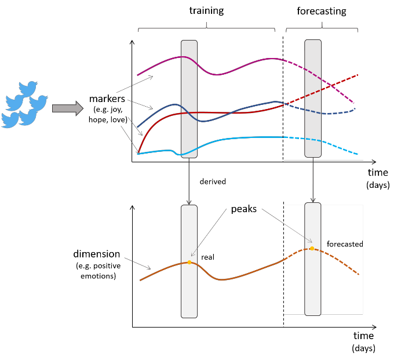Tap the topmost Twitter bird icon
point(27,89)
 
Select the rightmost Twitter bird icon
point(38,103)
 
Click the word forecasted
point(344,245)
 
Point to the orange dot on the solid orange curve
point(189,262)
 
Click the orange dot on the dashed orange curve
point(312,248)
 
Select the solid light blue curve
point(243,138)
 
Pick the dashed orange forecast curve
point(342,262)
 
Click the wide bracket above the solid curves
point(206,28)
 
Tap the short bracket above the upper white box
point(322,28)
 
